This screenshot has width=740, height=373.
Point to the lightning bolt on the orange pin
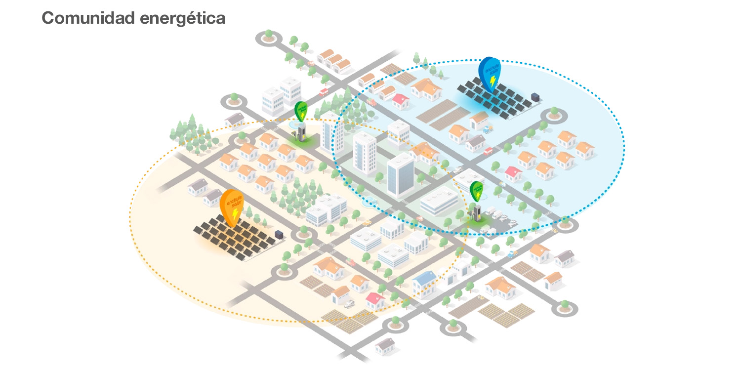click(x=235, y=213)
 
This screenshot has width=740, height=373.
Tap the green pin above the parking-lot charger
click(x=476, y=191)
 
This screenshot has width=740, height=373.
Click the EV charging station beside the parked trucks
click(x=476, y=213)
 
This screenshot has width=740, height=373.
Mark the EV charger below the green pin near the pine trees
click(x=301, y=132)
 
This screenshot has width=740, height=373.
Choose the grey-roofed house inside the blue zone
click(x=475, y=143)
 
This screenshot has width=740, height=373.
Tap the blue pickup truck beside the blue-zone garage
click(x=488, y=129)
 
